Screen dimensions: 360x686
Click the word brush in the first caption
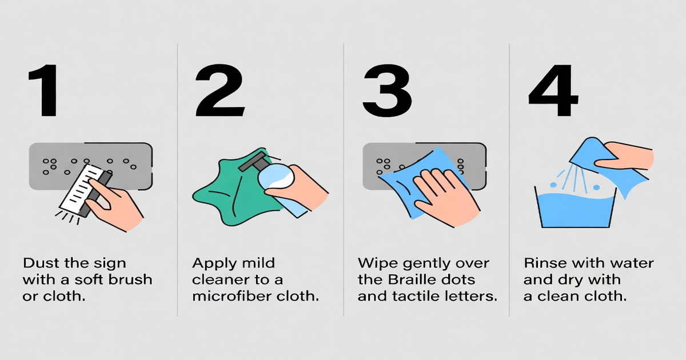pos(132,281)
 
